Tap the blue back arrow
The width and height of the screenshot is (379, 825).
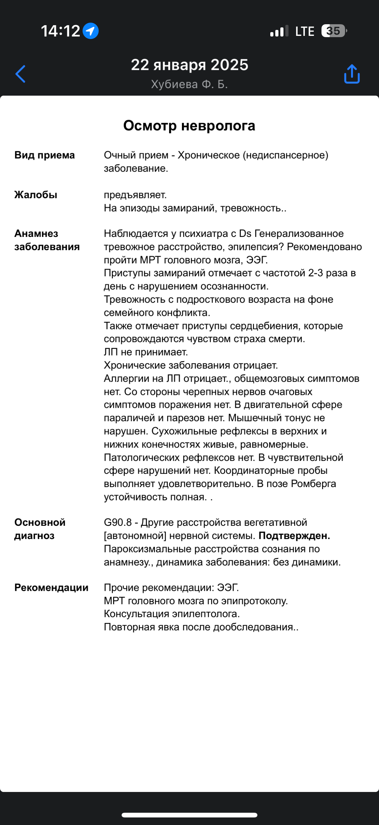pos(20,74)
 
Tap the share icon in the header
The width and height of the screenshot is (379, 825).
pos(352,74)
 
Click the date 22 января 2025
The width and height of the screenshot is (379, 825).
pos(189,65)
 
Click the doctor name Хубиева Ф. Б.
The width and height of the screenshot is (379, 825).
pos(189,84)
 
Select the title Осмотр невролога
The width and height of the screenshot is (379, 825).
pos(189,126)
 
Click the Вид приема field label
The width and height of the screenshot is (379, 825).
pos(44,155)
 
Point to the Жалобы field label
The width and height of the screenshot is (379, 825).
pos(36,195)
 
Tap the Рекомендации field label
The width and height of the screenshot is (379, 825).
pos(52,587)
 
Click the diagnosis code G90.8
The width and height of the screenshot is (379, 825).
pos(118,522)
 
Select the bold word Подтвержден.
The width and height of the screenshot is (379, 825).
pos(294,536)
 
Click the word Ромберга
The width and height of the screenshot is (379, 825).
pos(313,484)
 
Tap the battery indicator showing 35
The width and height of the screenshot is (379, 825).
pos(333,31)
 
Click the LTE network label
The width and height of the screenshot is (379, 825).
pos(305,31)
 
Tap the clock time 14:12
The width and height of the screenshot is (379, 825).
pos(60,31)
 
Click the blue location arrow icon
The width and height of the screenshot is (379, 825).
pos(91,31)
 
